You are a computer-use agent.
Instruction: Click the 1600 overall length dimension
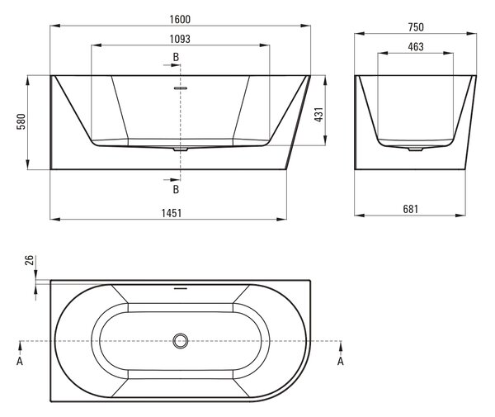coord(180,19)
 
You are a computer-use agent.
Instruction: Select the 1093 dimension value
coord(180,39)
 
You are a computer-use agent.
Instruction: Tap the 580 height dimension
coord(21,121)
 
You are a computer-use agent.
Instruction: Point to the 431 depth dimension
coord(318,115)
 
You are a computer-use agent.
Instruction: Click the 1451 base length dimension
coord(172,213)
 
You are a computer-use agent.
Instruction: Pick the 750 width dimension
coord(416,27)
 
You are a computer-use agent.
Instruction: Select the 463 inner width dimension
coord(416,47)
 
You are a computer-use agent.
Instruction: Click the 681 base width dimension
coord(410,209)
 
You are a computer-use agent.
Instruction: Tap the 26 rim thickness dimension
coord(29,260)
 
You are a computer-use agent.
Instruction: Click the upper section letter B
coord(176,57)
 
